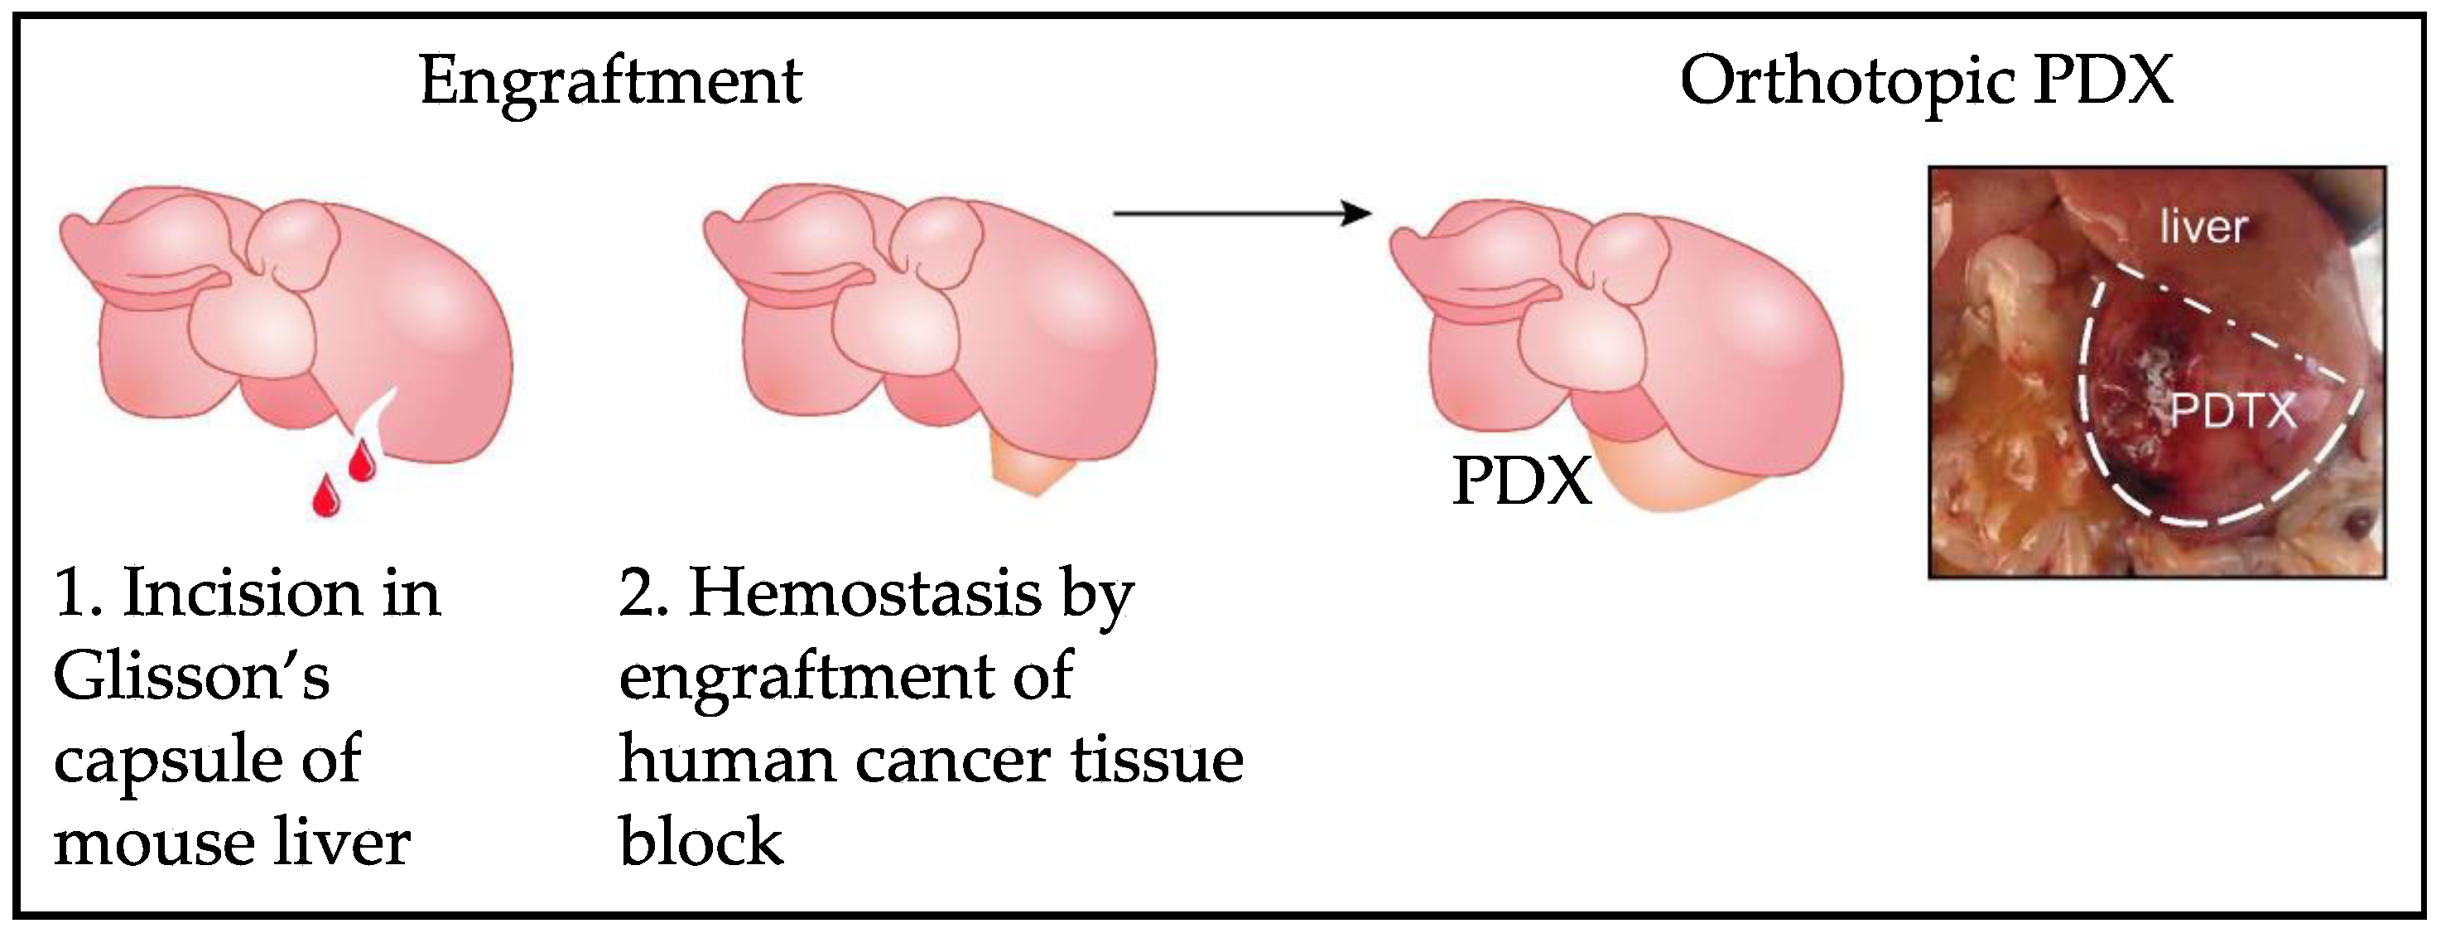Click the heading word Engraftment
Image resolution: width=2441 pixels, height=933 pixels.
point(610,83)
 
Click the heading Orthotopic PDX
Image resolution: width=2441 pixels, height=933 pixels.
point(1925,83)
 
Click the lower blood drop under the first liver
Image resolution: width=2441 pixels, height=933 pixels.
point(327,495)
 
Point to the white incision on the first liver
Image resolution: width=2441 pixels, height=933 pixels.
point(379,417)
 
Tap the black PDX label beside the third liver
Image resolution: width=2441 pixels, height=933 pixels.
point(1521,481)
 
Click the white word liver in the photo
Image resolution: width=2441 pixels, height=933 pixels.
point(2203,228)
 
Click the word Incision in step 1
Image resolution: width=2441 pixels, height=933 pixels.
point(242,594)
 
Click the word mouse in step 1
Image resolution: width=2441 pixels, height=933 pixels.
point(152,844)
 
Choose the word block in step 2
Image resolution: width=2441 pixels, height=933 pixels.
point(701,842)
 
